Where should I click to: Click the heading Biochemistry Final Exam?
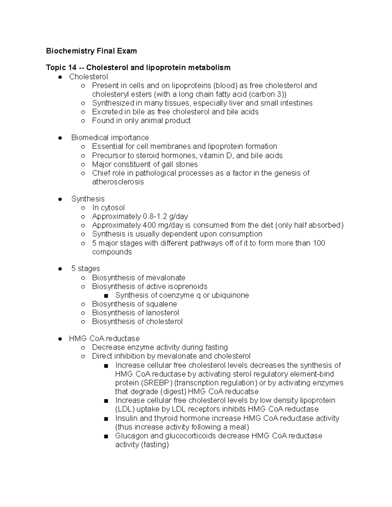(91, 51)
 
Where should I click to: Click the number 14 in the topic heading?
(72, 68)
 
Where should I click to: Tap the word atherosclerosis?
(118, 182)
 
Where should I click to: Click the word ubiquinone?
(230, 295)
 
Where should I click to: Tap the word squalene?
(161, 304)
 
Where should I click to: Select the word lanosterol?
(162, 313)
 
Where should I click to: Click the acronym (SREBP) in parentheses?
(157, 383)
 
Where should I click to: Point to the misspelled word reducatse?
(241, 391)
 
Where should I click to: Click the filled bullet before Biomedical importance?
(60, 138)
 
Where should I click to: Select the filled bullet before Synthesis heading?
(60, 199)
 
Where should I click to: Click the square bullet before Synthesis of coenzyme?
(106, 296)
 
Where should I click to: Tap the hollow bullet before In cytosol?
(83, 208)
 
